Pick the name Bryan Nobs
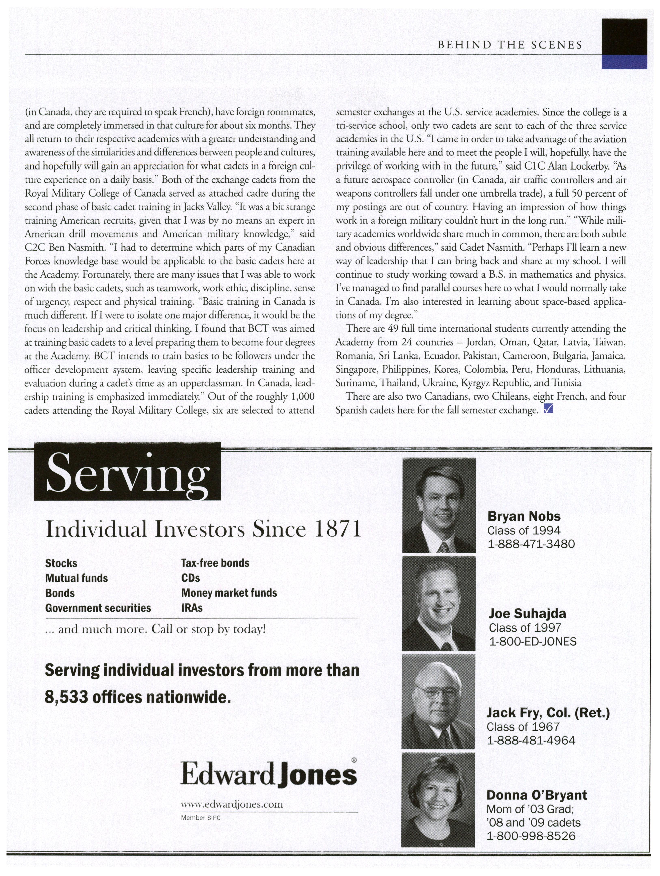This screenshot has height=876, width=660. pyautogui.click(x=524, y=516)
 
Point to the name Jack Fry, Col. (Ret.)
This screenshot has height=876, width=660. pyautogui.click(x=548, y=713)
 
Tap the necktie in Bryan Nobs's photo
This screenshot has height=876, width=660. pyautogui.click(x=444, y=547)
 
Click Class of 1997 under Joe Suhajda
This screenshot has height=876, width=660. pyautogui.click(x=525, y=627)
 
